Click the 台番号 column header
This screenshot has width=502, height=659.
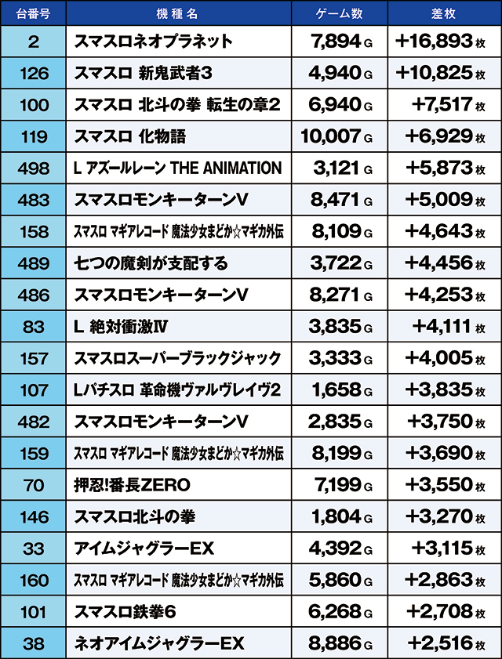click(x=33, y=13)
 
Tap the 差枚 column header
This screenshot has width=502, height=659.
click(x=443, y=13)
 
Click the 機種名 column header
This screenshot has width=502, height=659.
click(x=179, y=13)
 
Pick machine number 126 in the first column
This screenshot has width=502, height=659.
click(x=33, y=73)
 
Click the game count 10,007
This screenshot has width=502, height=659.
click(x=331, y=136)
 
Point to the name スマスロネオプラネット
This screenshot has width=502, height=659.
click(x=154, y=42)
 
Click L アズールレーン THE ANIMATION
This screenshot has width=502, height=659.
click(x=177, y=168)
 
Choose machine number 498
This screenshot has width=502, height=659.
click(x=33, y=168)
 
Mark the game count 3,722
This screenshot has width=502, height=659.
click(x=336, y=263)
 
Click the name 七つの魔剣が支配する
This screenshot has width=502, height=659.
click(x=151, y=263)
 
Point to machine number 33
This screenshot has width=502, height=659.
click(x=33, y=549)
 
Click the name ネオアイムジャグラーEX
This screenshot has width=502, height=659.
click(x=159, y=643)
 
